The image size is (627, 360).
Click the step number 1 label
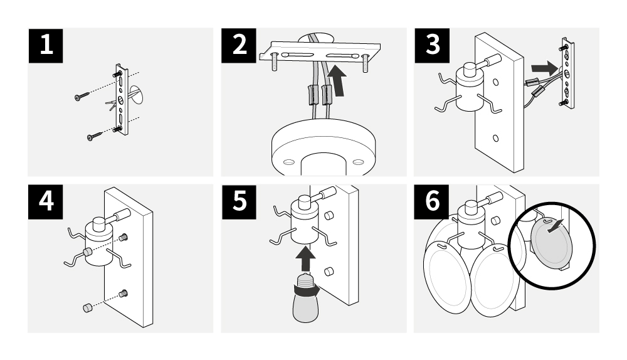pos(46,45)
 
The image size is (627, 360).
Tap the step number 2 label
pos(239,45)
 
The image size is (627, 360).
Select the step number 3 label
pos(432,45)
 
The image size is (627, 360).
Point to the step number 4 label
pos(46,201)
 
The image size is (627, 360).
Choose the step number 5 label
pos(239,201)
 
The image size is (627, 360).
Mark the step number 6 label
pos(431,201)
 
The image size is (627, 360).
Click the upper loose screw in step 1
pos(82,96)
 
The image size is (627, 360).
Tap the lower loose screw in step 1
pos(95,136)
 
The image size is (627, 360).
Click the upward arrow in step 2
pos(337,80)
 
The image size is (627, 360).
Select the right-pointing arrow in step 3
pos(545,68)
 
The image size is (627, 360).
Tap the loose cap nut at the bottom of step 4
pos(87,307)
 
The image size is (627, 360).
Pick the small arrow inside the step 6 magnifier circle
pos(555,226)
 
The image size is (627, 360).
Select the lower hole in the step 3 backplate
pos(495,139)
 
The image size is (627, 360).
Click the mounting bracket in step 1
pos(122,99)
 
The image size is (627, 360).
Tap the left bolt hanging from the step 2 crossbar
pos(275,61)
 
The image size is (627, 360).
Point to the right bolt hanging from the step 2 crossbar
pos(365,63)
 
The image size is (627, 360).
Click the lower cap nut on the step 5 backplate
pos(329,272)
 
